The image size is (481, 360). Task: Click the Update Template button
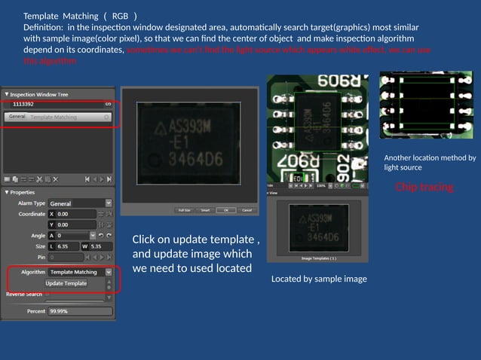point(66,283)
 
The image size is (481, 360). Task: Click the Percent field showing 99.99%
point(79,310)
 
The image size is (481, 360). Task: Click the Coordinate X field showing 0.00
point(75,214)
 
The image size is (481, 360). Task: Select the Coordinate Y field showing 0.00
point(75,224)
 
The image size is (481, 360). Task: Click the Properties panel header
point(22,192)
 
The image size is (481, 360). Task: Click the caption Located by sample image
point(319,279)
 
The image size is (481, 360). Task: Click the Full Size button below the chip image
point(183,210)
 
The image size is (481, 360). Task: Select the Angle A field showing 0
point(75,236)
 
